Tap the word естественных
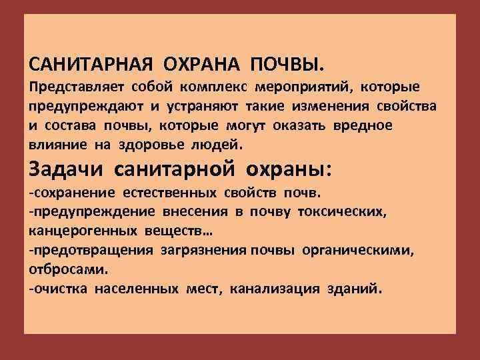click(169, 193)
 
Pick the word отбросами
click(68, 269)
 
